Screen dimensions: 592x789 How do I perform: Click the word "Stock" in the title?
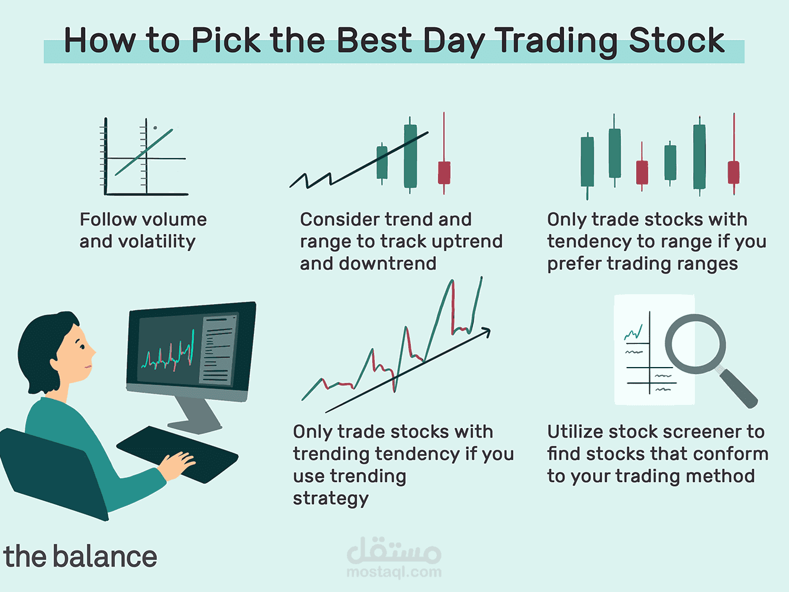pos(677,40)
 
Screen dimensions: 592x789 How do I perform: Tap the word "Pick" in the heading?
pos(226,40)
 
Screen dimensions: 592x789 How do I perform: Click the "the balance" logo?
pos(80,556)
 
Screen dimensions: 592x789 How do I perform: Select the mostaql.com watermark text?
pos(394,572)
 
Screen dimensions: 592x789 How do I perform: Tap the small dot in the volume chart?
pos(155,127)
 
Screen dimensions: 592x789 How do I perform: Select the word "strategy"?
pos(330,498)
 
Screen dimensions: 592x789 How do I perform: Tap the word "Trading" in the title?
pos(558,40)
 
